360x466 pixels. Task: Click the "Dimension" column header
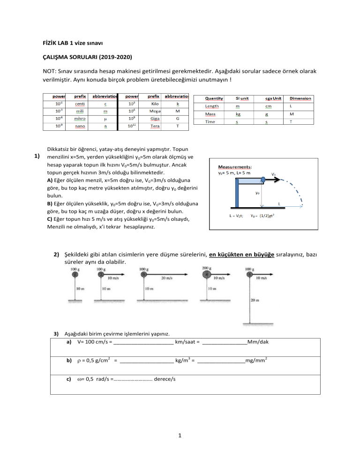pos(300,98)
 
